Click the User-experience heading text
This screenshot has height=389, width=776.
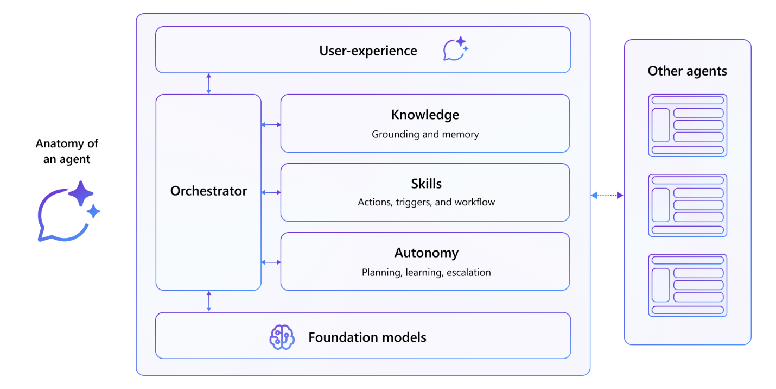click(x=368, y=51)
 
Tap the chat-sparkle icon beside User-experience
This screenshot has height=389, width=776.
click(x=455, y=49)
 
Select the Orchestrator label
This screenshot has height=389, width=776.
click(x=208, y=191)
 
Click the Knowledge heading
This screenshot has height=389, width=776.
click(x=425, y=115)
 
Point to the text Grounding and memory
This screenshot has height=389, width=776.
click(x=425, y=134)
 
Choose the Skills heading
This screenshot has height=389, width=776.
click(x=426, y=184)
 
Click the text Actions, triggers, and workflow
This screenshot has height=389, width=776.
click(x=426, y=202)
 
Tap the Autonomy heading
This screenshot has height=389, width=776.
click(x=426, y=253)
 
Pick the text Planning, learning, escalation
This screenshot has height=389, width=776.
click(x=426, y=272)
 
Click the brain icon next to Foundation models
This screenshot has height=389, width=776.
click(x=282, y=337)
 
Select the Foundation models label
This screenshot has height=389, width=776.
click(x=367, y=337)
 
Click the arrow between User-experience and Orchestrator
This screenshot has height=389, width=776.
click(x=208, y=84)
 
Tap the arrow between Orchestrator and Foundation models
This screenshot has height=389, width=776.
click(x=208, y=302)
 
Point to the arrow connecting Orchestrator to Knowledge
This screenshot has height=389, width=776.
click(x=271, y=124)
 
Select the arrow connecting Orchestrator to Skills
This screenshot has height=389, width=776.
click(x=271, y=192)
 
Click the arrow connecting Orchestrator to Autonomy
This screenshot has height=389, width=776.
click(x=271, y=262)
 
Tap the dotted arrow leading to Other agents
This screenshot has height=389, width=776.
click(x=607, y=195)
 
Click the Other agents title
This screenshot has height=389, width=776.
click(x=687, y=71)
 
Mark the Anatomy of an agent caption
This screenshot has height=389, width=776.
click(x=67, y=152)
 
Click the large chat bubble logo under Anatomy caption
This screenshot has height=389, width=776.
click(x=67, y=212)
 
